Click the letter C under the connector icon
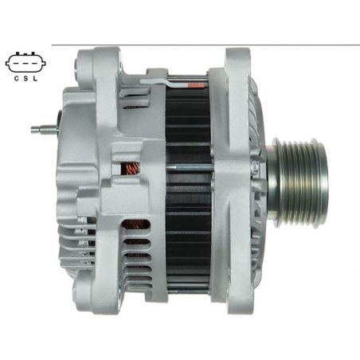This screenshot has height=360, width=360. click(16, 79)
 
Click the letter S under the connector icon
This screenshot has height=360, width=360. click(25, 79)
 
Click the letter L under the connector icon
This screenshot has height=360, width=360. click(35, 79)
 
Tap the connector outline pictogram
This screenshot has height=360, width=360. click(25, 62)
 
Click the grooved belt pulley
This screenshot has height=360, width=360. click(300, 182)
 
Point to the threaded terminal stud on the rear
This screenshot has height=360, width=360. click(44, 130)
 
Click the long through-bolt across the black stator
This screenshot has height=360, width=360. click(189, 168)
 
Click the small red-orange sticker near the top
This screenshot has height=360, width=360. click(196, 85)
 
